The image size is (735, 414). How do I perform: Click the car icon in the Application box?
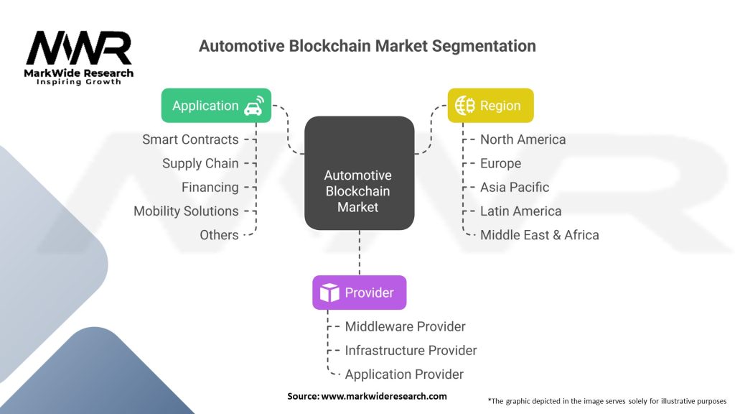pyautogui.click(x=253, y=106)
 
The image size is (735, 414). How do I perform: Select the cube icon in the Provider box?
pyautogui.click(x=329, y=293)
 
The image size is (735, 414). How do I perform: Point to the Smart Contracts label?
pyautogui.click(x=190, y=139)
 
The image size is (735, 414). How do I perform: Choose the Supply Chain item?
pyautogui.click(x=200, y=163)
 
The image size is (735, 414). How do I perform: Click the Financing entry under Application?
pyautogui.click(x=210, y=187)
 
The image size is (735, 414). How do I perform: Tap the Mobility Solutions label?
pyautogui.click(x=186, y=211)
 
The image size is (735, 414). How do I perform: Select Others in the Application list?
pyautogui.click(x=219, y=234)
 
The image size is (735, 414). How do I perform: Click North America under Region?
pyautogui.click(x=523, y=139)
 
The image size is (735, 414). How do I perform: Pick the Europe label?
pyautogui.click(x=500, y=163)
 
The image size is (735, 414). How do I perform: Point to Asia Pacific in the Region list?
pyautogui.click(x=514, y=187)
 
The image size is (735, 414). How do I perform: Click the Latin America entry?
pyautogui.click(x=520, y=211)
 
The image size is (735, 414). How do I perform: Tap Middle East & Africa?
pyautogui.click(x=539, y=234)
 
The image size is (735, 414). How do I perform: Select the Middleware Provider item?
pyautogui.click(x=405, y=326)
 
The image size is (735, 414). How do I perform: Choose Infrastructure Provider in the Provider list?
pyautogui.click(x=411, y=350)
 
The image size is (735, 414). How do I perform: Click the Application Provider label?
pyautogui.click(x=404, y=374)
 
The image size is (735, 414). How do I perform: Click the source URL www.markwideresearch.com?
pyautogui.click(x=383, y=396)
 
